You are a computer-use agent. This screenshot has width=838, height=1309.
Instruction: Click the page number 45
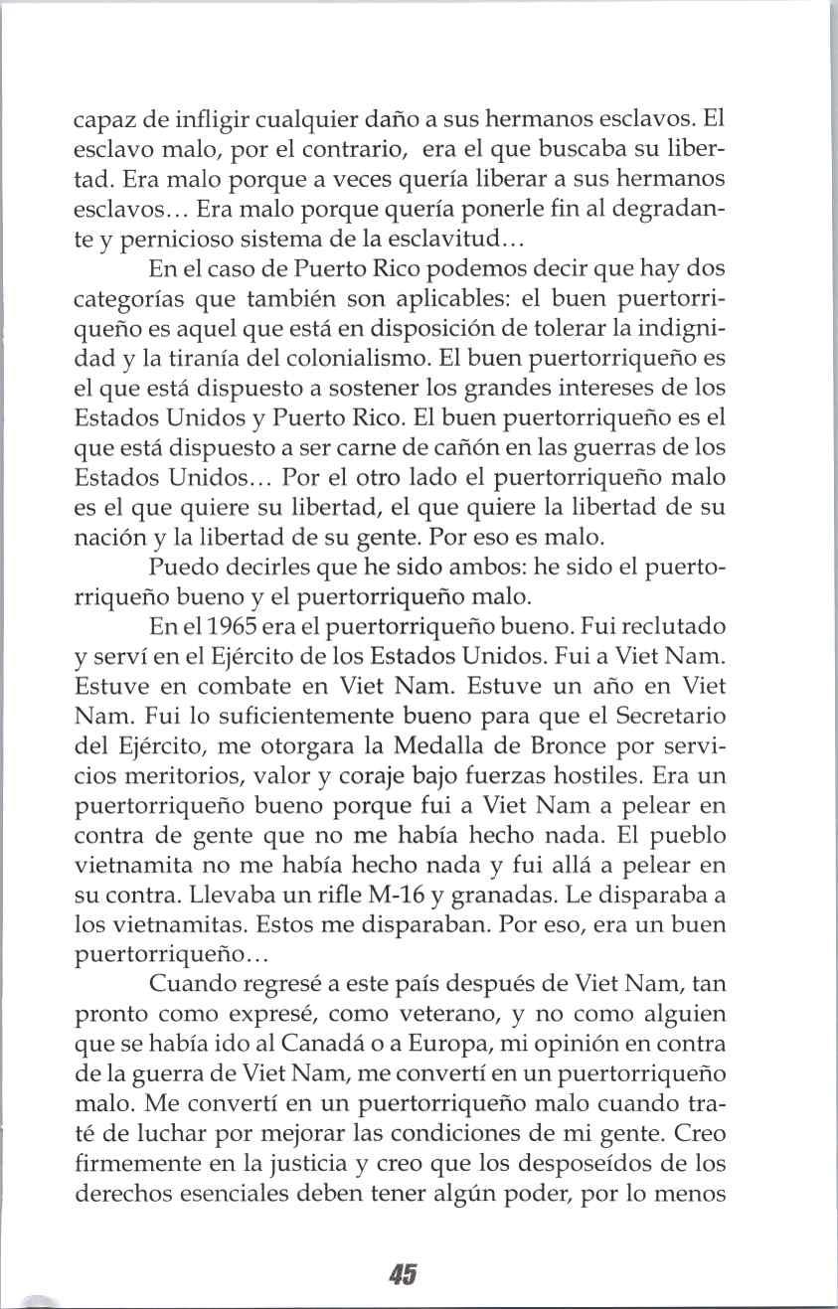coord(403,1274)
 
